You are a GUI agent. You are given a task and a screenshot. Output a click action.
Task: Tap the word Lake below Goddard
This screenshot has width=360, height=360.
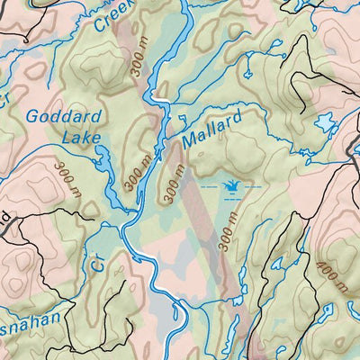pyautogui.click(x=81, y=138)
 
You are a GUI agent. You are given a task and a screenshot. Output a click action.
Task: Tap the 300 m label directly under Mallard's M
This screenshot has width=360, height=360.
pyautogui.click(x=175, y=183)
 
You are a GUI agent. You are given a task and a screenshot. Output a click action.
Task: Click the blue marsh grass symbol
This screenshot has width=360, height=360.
pyautogui.click(x=231, y=186)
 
